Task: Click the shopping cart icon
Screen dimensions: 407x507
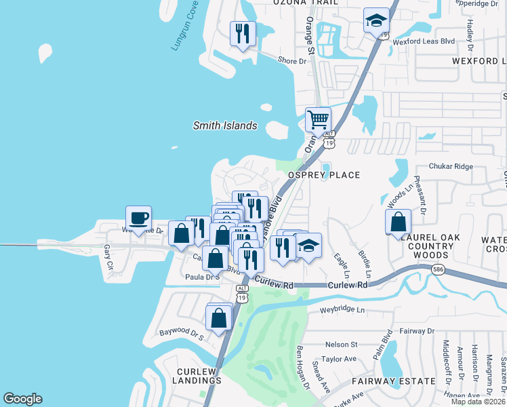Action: point(318,120)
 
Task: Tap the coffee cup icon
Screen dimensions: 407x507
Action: point(138,218)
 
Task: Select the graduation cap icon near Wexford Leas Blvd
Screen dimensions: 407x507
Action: point(376,20)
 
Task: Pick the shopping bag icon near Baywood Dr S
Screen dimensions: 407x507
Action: point(219,317)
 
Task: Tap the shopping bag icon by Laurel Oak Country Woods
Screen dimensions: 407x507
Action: point(398,221)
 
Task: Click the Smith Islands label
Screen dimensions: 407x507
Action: point(225,125)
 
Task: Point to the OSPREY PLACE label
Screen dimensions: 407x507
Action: point(324,175)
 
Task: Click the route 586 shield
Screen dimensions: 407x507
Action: point(439,270)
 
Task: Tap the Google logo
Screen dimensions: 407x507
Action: point(22,399)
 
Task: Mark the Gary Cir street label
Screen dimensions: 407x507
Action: point(106,256)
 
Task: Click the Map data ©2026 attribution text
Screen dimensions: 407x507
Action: point(479,402)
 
